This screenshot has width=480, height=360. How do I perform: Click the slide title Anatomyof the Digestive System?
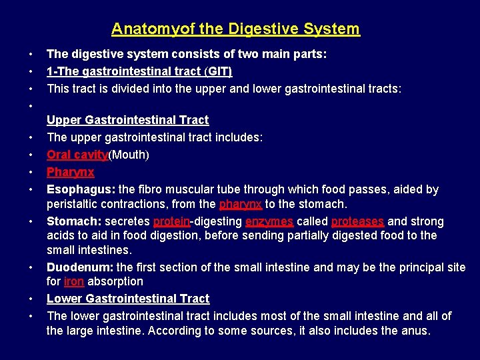click(x=235, y=29)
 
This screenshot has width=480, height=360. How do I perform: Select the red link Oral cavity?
click(x=77, y=155)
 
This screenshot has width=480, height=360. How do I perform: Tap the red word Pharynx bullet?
click(x=70, y=172)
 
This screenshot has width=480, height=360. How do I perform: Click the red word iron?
click(x=74, y=281)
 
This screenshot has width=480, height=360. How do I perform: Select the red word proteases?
click(x=357, y=221)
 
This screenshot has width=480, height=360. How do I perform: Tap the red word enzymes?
click(x=269, y=221)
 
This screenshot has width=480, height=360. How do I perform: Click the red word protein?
click(x=171, y=221)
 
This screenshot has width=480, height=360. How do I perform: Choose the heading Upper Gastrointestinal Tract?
click(x=127, y=120)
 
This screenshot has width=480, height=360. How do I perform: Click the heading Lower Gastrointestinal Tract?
click(x=128, y=299)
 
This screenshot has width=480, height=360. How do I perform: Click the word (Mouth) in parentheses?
click(x=129, y=155)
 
